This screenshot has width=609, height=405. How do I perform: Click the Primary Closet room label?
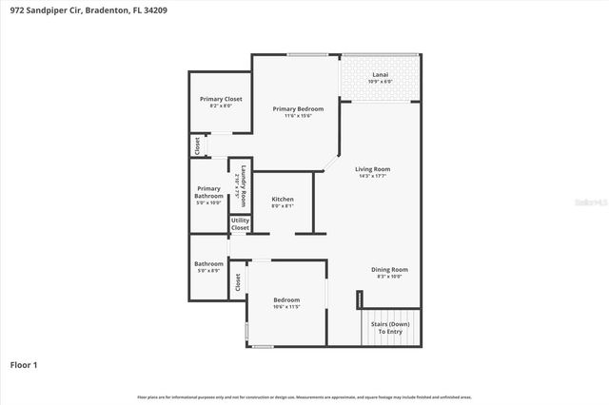point(221,99)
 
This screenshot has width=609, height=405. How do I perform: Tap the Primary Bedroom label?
point(298,109)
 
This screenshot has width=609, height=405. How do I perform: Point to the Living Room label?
point(373,169)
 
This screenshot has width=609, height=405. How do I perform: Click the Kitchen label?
point(283,199)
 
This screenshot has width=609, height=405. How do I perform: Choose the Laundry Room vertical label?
point(244,186)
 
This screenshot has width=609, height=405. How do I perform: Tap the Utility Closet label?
point(240,224)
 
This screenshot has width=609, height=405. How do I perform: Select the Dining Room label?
point(389,269)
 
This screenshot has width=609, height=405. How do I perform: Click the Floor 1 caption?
point(24,364)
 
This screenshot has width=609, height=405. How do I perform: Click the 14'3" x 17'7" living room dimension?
point(374,177)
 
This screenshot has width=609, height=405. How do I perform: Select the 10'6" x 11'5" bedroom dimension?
point(285,307)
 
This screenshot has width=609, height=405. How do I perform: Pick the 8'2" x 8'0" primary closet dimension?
point(221,106)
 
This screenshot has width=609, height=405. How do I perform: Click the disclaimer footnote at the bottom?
point(304,396)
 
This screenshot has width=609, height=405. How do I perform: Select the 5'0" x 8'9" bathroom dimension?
point(208,272)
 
